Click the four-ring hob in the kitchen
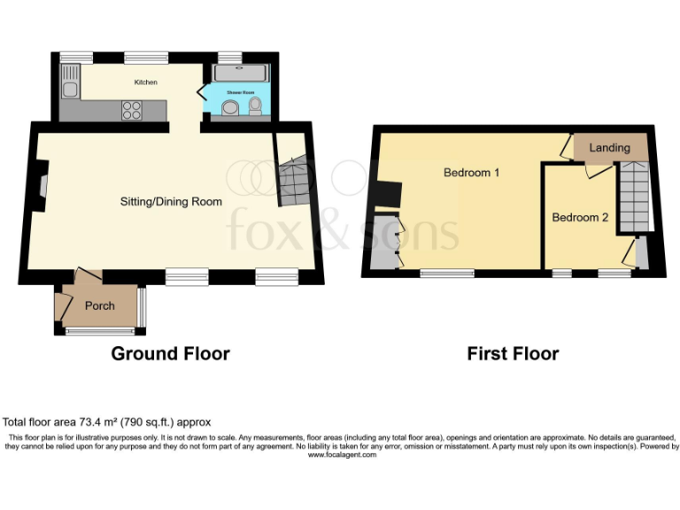click(x=131, y=111)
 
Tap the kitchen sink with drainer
click(x=69, y=88)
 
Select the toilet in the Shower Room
click(x=256, y=106)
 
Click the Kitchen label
click(x=146, y=82)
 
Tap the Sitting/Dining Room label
click(x=171, y=202)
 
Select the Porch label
click(x=99, y=306)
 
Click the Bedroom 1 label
click(x=471, y=173)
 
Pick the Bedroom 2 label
click(x=580, y=217)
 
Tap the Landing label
click(x=609, y=148)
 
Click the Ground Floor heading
click(x=170, y=354)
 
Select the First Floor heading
click(x=513, y=354)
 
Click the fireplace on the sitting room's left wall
click(x=42, y=185)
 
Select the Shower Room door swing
click(x=200, y=91)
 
